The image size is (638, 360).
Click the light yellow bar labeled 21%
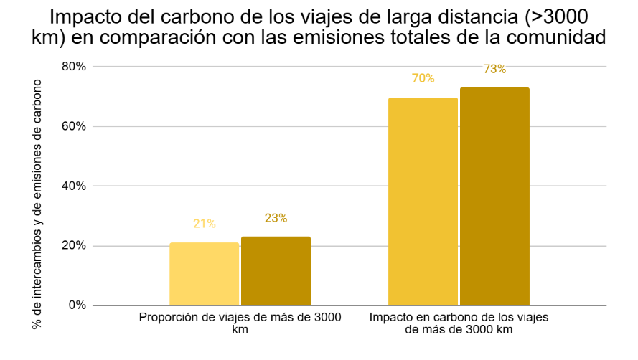(x=204, y=274)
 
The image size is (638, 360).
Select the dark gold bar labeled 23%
(x=276, y=271)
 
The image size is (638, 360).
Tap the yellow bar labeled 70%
(x=423, y=202)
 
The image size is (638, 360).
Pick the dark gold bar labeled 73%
(x=494, y=196)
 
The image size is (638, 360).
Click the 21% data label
(x=204, y=224)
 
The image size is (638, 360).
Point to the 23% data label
(x=276, y=218)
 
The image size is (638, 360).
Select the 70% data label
(x=423, y=78)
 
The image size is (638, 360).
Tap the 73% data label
(x=494, y=69)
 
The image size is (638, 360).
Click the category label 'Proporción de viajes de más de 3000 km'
(x=240, y=323)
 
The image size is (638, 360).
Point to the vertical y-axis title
(x=37, y=204)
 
